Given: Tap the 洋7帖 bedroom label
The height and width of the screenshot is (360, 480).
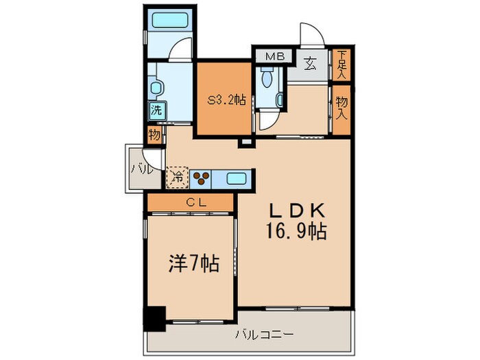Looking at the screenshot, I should click(193, 264).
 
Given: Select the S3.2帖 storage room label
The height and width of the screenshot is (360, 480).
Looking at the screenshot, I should click(227, 100).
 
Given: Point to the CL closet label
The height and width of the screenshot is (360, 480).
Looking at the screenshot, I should click(191, 202).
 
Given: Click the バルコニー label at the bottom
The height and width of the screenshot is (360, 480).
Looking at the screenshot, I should click(264, 335).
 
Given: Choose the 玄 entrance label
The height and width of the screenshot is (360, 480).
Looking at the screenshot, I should click(311, 66).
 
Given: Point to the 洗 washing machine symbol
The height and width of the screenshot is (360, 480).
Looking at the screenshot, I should click(156, 109).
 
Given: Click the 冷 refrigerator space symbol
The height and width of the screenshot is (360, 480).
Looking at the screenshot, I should click(178, 178).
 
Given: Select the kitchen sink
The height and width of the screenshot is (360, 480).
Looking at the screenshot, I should click(238, 179).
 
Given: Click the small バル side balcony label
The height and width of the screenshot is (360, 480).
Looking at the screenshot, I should click(138, 168).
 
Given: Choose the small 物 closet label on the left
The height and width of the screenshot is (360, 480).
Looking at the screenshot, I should click(154, 135).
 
